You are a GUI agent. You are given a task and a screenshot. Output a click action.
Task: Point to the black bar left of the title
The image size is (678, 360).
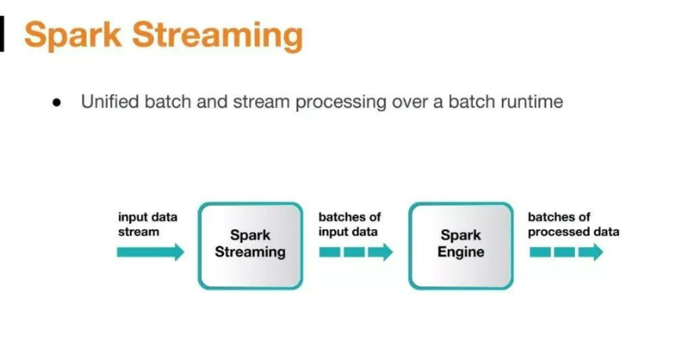2,35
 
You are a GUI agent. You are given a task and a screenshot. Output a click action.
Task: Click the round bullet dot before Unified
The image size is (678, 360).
57,103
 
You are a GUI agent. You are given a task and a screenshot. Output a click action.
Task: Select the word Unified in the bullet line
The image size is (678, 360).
111,101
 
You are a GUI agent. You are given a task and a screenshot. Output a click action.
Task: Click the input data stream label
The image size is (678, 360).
147,224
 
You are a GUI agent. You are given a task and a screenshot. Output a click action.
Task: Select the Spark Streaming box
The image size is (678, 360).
250,245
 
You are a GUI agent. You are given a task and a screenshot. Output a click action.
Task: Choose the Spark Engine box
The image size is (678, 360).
460,245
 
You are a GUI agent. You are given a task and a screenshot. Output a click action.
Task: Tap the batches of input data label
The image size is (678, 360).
349,224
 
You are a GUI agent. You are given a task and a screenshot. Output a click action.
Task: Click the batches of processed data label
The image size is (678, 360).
573,224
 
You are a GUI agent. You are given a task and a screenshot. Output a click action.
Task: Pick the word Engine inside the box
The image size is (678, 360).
460,253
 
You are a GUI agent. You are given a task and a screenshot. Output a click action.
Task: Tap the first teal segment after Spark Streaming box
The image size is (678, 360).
329,252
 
